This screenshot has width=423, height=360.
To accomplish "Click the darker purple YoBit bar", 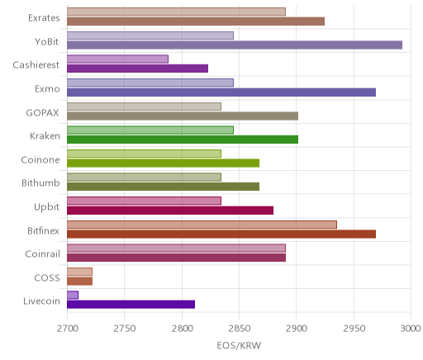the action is [235, 45].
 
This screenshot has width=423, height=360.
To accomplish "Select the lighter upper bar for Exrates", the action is [176, 12].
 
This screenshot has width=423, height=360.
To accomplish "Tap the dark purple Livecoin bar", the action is [131, 305].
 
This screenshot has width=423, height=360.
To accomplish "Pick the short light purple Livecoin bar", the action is [73, 295].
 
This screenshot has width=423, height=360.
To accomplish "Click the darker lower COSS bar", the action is [79, 281].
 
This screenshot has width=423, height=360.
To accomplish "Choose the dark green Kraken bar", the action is [183, 140].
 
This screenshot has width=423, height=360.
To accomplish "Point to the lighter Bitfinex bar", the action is [202, 225].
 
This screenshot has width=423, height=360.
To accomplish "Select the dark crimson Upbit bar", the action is [170, 211].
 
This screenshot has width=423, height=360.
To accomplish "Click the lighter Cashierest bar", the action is [117, 59].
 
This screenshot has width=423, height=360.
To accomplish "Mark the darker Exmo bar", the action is [221, 92].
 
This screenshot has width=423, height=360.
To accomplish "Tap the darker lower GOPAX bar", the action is [183, 116].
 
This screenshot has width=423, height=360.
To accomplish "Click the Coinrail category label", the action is [42, 253].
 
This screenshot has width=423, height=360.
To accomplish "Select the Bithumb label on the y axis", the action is [40, 182].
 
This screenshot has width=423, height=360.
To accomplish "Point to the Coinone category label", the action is [40, 159].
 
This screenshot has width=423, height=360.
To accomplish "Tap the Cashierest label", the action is [36, 65].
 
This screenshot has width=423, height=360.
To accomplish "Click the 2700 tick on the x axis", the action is [68, 329].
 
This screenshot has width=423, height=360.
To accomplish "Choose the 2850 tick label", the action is [240, 329].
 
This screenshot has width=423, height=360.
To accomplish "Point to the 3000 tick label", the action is [411, 329].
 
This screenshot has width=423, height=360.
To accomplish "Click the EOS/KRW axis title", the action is [239, 345].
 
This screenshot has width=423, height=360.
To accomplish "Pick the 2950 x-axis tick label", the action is [354, 329].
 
